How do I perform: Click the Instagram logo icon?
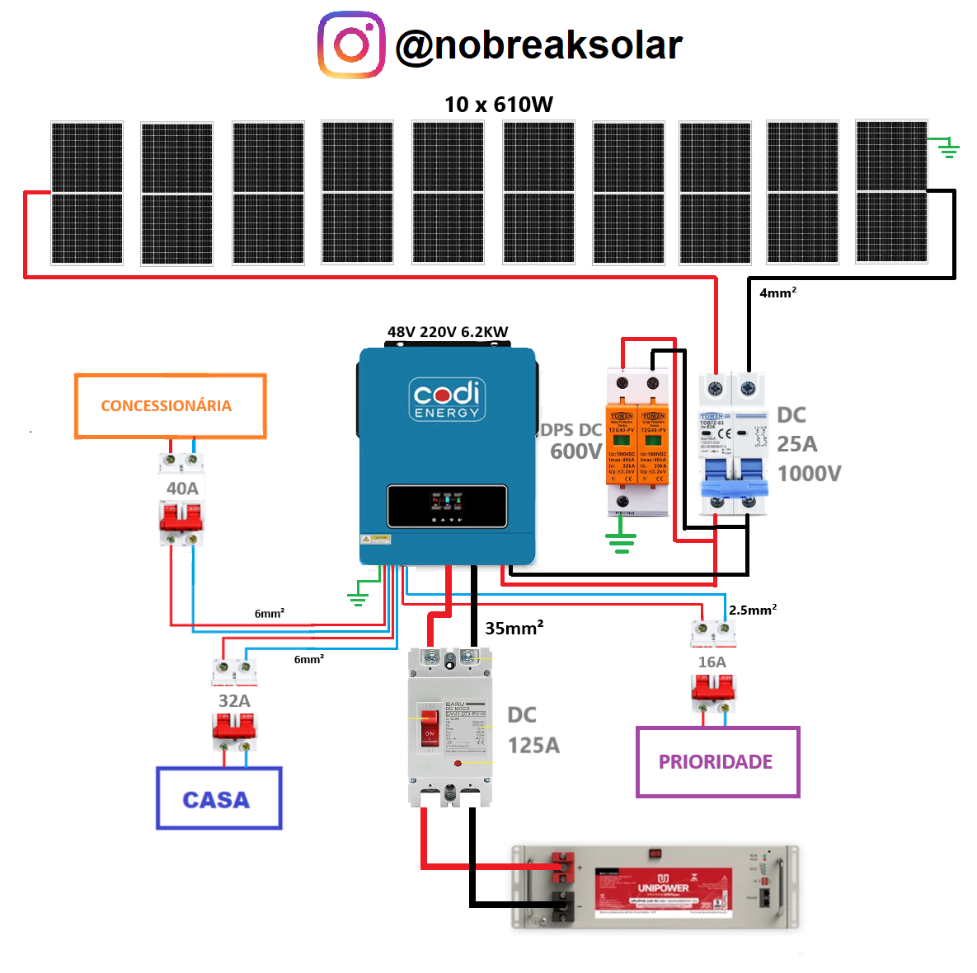(351, 44)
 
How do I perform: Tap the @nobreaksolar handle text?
(538, 45)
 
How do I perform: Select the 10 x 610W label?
(498, 105)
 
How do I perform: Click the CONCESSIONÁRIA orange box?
(170, 405)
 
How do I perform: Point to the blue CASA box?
(218, 798)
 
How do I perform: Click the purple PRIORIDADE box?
(717, 762)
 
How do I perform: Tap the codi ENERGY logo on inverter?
(447, 399)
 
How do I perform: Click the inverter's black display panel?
(446, 506)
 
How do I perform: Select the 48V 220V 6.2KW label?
(448, 332)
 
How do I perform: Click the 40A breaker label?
(182, 489)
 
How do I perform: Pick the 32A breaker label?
(234, 700)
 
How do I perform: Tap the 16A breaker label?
(712, 662)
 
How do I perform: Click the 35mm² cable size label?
(514, 628)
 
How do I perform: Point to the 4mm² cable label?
(777, 292)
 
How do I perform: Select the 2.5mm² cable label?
(752, 610)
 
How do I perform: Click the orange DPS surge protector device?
(637, 445)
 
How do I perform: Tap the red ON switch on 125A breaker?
(430, 728)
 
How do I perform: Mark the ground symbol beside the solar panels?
(949, 148)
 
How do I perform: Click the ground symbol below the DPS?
(621, 542)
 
